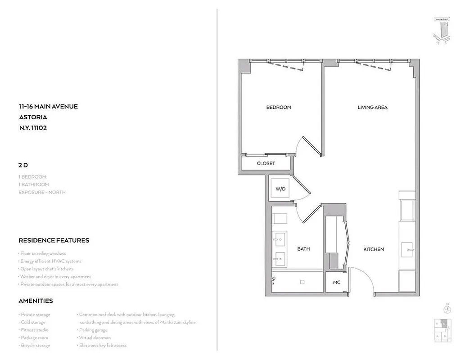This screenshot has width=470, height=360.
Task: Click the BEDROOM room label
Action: coord(278,107)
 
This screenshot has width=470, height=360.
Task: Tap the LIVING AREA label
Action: coord(372,107)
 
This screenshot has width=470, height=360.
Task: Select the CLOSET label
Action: coord(266,163)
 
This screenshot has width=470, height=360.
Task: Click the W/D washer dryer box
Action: coord(280,189)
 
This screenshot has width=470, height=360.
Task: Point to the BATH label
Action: coord(303,249)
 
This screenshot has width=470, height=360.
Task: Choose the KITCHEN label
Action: coord(374,249)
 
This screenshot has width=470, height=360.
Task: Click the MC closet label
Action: coord(336,283)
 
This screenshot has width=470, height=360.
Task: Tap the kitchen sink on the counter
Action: coord(409,249)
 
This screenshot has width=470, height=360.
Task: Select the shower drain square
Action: coord(303,282)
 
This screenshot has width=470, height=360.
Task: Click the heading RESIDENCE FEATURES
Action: coord(54,240)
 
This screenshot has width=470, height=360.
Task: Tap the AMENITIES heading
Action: coord(36,301)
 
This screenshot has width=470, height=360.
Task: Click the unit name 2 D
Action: coord(23,165)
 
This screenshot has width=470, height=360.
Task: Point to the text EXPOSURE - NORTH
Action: coord(42,192)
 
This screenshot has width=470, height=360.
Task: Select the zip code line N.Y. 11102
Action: coord(33,127)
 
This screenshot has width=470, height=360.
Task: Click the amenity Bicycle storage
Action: coord(35,345)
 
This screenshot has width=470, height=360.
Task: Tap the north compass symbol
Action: coord(447,309)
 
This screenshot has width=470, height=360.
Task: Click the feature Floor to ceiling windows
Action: coord(43,253)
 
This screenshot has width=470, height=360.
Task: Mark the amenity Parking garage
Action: coord(93,330)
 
